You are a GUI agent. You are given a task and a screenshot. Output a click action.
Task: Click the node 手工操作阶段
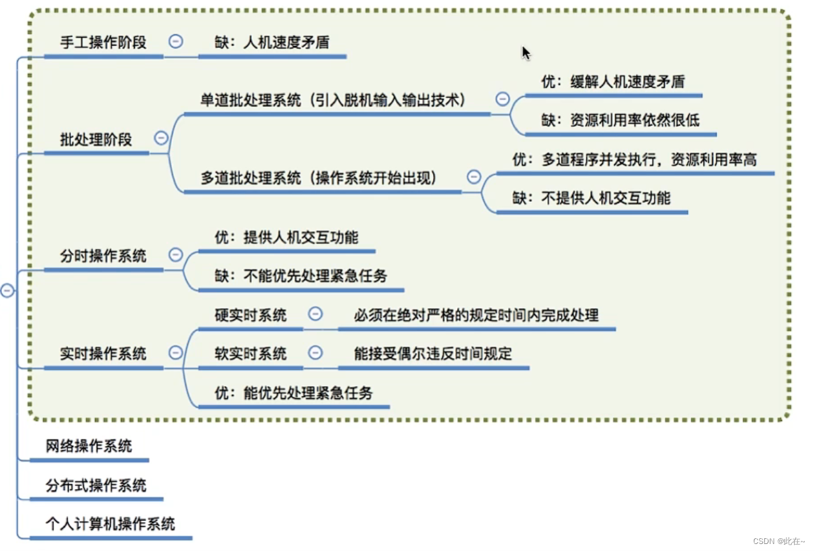[x=103, y=42]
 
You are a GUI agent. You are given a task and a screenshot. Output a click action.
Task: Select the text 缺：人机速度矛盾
[x=272, y=43]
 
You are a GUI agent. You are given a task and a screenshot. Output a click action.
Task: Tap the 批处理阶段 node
[x=96, y=140]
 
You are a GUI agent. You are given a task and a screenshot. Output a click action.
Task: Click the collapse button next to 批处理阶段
[x=161, y=138]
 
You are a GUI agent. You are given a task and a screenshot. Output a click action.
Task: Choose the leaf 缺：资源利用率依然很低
[x=620, y=120]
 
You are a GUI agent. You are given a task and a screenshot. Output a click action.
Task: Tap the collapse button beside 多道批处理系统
[x=474, y=177]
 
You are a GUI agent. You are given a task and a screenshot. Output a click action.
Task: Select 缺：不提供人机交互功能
[x=592, y=197]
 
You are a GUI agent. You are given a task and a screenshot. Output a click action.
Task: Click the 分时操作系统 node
[x=103, y=255]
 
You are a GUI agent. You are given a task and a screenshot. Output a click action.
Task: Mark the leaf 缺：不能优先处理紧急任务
[x=301, y=275]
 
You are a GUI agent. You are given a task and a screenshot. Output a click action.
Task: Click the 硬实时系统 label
[x=251, y=315]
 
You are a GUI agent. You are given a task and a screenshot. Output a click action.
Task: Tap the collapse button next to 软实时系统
[x=315, y=353]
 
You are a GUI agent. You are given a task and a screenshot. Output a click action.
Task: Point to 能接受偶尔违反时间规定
[x=433, y=354]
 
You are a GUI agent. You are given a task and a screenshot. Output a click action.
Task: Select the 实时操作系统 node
[x=103, y=354]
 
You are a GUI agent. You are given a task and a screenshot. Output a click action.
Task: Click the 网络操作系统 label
[x=89, y=446]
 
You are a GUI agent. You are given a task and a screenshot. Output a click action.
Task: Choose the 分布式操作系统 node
[x=96, y=485]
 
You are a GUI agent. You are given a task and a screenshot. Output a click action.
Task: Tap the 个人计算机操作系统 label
[x=110, y=524]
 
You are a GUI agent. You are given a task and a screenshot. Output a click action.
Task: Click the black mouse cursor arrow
[x=526, y=52]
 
